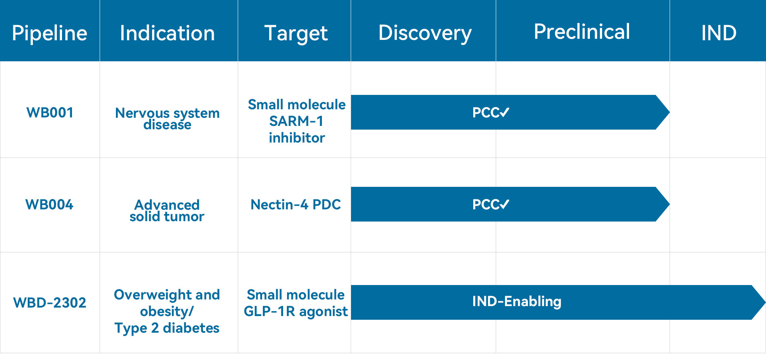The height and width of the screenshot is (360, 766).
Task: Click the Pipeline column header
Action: (x=49, y=33)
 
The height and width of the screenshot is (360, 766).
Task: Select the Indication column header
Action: (x=167, y=33)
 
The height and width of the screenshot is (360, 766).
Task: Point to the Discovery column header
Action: (x=425, y=34)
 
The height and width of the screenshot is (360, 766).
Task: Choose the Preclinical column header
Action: (x=582, y=31)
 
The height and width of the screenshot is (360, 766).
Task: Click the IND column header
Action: (x=719, y=33)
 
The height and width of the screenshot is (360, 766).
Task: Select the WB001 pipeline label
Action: (x=50, y=113)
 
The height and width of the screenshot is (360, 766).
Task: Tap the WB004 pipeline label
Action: (x=49, y=205)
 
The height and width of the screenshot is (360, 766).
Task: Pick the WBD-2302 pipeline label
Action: (x=49, y=303)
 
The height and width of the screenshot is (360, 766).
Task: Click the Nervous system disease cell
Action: (x=167, y=118)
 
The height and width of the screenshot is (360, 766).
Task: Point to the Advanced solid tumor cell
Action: (x=167, y=210)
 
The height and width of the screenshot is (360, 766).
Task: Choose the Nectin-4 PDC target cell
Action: (x=296, y=205)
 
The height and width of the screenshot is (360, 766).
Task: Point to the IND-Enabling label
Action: (x=517, y=302)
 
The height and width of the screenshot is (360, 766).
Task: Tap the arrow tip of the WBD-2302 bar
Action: (x=765, y=302)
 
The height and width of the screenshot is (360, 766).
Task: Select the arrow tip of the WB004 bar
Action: (x=669, y=204)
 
